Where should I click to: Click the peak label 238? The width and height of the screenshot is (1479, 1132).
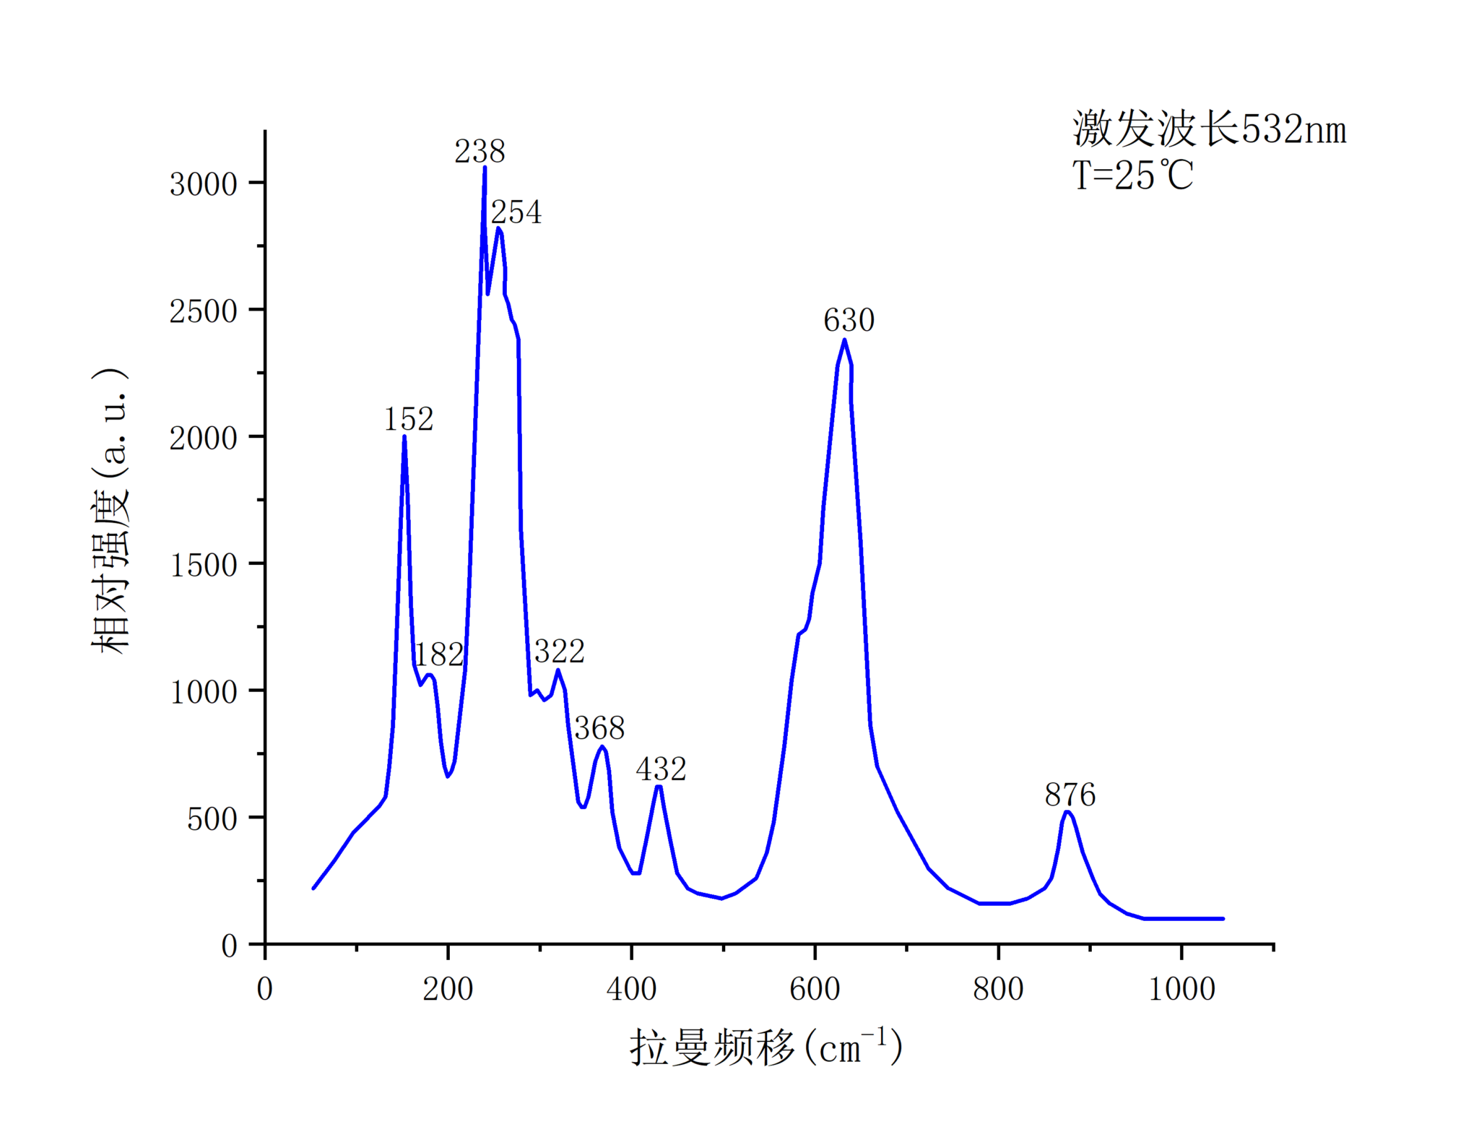click(x=480, y=152)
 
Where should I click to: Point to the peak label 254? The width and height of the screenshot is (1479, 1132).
click(x=516, y=212)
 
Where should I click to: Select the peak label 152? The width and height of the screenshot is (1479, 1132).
click(x=408, y=420)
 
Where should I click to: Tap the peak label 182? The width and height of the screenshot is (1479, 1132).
click(x=438, y=654)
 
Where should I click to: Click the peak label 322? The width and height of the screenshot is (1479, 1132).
click(x=560, y=652)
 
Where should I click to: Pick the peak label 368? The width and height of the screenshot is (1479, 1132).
click(x=599, y=728)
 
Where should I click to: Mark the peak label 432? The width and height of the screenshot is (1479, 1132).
click(x=661, y=769)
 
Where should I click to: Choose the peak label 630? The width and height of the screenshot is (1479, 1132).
click(x=849, y=321)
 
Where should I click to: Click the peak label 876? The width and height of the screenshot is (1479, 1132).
click(x=1070, y=795)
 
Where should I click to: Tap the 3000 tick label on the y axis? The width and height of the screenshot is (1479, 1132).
click(x=203, y=184)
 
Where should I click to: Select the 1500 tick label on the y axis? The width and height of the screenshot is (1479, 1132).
click(x=203, y=565)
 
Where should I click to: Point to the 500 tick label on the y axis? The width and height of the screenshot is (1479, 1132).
click(x=212, y=819)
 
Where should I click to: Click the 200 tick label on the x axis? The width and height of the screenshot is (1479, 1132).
click(x=448, y=989)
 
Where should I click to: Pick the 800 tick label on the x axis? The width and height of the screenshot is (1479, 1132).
click(x=998, y=989)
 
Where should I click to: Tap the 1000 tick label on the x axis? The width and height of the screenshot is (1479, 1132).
click(x=1181, y=989)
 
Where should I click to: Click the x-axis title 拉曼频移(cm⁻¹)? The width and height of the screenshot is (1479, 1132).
click(x=766, y=1047)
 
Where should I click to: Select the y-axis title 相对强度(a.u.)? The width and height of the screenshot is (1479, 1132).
click(x=110, y=511)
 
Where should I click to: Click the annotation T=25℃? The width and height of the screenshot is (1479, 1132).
click(x=1132, y=176)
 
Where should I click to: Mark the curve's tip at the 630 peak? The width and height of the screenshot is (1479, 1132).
click(x=844, y=340)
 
